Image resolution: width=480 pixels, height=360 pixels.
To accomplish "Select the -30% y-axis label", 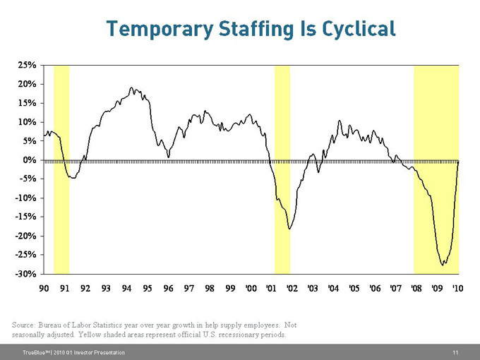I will [x=27, y=274].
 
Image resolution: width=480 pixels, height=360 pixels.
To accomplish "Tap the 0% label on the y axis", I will [x=30, y=160].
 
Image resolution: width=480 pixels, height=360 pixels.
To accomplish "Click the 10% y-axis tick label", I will [x=28, y=122].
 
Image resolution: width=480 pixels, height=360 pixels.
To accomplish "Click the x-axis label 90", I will [x=44, y=288].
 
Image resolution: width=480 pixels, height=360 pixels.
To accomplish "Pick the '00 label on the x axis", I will [x=250, y=288].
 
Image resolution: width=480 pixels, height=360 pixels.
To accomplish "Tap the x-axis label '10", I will [x=457, y=288].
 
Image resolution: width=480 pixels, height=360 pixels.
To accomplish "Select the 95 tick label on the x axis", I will [x=147, y=288].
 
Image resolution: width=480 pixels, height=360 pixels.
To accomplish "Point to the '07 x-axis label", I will [x=395, y=288].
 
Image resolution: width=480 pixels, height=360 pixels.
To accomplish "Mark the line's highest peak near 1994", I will [x=131, y=88].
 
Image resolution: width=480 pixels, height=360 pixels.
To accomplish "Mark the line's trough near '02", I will [x=289, y=228].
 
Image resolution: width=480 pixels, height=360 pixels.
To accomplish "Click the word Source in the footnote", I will [x=26, y=325].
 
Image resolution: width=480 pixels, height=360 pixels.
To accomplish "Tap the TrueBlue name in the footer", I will [x=36, y=352].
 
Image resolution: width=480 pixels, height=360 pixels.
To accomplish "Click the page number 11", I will [x=456, y=352].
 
